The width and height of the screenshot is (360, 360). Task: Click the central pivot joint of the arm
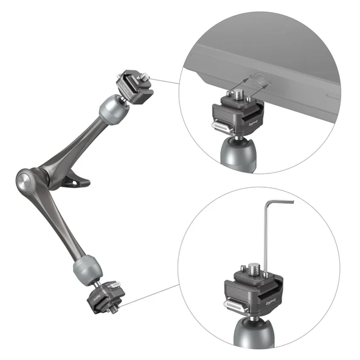[x=26, y=180]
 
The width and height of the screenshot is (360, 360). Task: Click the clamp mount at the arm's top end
[x=133, y=85]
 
